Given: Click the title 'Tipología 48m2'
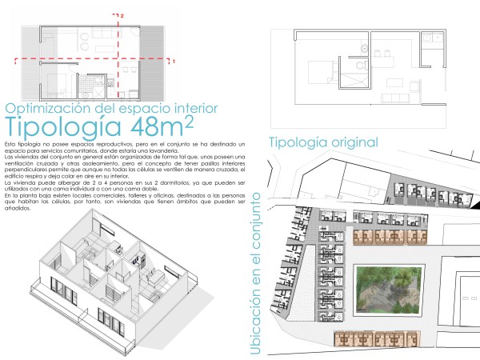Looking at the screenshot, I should tap(99, 126).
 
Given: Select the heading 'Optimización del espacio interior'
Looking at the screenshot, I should tap(101, 108).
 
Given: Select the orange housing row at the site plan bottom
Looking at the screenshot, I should tap(369, 338).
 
